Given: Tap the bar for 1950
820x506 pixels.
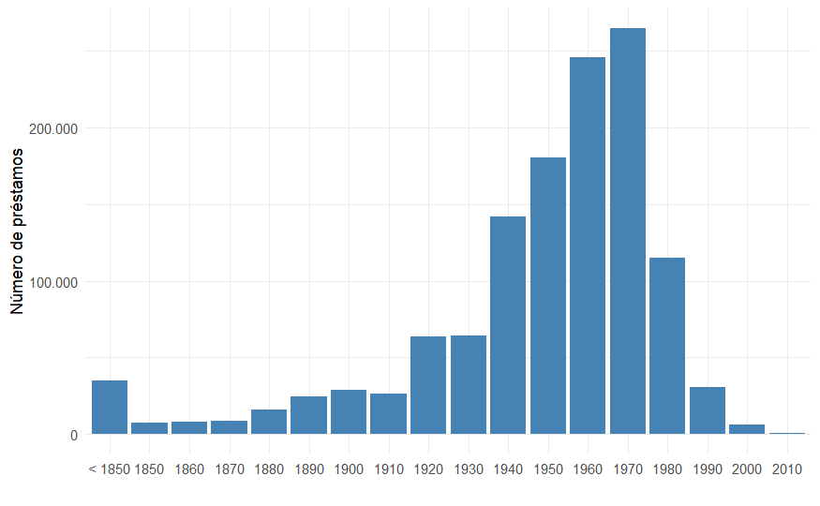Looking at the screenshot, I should pyautogui.click(x=548, y=296).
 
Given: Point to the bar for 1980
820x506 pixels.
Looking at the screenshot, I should pyautogui.click(x=667, y=346).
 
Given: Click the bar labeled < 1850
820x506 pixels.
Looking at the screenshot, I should pyautogui.click(x=110, y=408).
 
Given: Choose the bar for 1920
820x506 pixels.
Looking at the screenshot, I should pyautogui.click(x=428, y=385).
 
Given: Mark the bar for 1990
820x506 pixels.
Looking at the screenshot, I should pyautogui.click(x=708, y=410).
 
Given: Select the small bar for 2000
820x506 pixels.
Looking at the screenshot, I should pyautogui.click(x=747, y=429).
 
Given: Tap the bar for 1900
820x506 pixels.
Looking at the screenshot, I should pyautogui.click(x=349, y=412).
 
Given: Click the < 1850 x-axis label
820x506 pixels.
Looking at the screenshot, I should pyautogui.click(x=109, y=469).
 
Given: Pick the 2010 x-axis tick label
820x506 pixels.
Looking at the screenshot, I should pyautogui.click(x=787, y=469).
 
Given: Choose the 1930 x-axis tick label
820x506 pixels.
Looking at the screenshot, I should pyautogui.click(x=469, y=469).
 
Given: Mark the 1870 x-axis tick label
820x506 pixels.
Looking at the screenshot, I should pyautogui.click(x=229, y=469).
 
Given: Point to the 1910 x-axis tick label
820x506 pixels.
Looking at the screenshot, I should pyautogui.click(x=388, y=469).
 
